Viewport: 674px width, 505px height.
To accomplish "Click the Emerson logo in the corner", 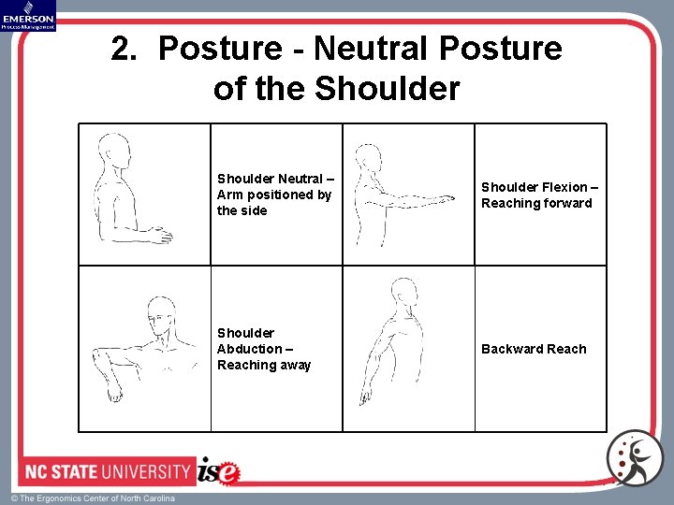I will click(x=28, y=15).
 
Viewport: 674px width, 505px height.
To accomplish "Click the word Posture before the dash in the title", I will click(x=221, y=48).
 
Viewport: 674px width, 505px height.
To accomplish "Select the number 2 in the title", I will click(x=122, y=48).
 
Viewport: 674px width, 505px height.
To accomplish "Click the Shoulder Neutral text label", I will click(x=274, y=195).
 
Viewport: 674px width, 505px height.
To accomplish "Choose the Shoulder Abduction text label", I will click(x=264, y=349).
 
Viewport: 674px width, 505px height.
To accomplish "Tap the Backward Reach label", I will click(x=534, y=349).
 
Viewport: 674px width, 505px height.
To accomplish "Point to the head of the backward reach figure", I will click(x=404, y=294).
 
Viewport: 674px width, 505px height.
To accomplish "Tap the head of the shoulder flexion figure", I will click(x=369, y=158).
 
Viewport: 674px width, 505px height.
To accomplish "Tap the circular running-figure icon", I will click(x=635, y=458).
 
